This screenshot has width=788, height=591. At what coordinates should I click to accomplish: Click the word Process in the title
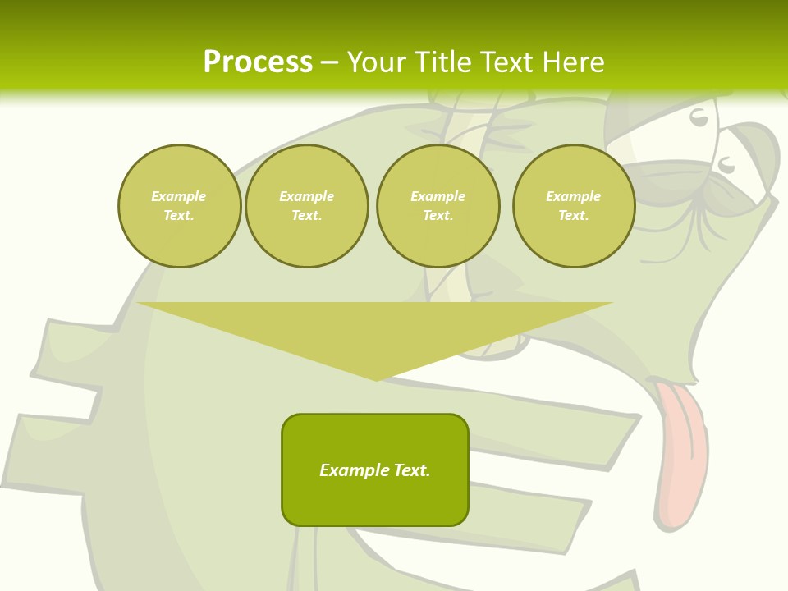[258, 62]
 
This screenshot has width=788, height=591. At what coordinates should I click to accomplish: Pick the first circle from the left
[179, 206]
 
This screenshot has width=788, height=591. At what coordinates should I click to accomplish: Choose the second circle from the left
[307, 206]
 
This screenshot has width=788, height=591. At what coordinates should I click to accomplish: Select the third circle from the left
[438, 206]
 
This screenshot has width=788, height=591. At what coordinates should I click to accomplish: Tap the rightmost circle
[574, 206]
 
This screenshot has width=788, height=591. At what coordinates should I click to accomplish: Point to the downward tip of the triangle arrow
[376, 378]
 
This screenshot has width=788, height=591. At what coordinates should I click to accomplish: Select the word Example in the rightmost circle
[574, 196]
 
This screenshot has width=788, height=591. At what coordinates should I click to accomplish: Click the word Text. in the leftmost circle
[179, 216]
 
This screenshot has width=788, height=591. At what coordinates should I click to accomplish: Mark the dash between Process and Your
[330, 62]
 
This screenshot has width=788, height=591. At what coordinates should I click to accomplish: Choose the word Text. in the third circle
[438, 216]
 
